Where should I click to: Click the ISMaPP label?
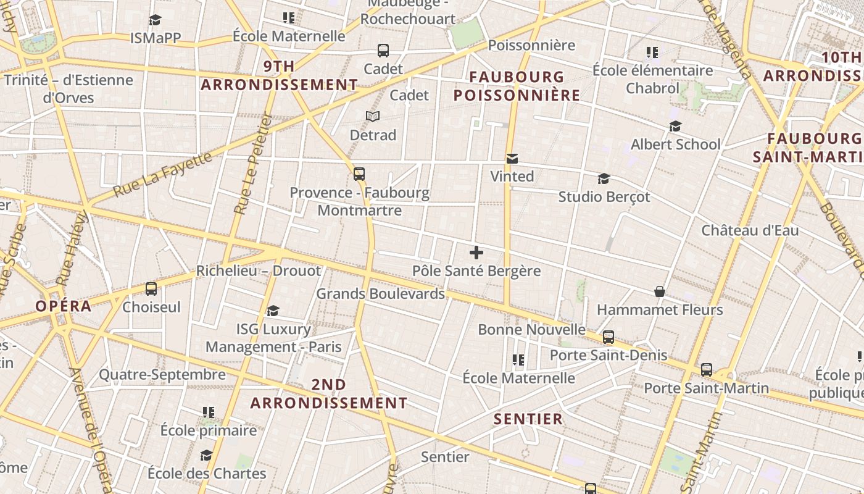point(156,38)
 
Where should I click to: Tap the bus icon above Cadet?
point(383,51)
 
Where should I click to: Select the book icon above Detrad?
point(373,116)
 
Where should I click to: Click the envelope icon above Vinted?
point(512,159)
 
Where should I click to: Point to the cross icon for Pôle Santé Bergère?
point(476,253)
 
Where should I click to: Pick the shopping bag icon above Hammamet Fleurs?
point(660,291)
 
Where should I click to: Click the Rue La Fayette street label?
point(164,175)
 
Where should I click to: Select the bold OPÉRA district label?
point(64,306)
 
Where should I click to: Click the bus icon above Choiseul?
point(151,289)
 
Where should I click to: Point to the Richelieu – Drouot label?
point(259,271)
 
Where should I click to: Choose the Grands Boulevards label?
point(380,294)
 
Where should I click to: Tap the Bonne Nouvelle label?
point(531,330)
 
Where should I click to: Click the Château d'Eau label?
point(750,231)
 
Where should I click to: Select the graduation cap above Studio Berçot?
point(604,179)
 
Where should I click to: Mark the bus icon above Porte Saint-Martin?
point(707,370)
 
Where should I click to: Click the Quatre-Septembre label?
point(162,374)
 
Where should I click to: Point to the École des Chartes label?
point(207,474)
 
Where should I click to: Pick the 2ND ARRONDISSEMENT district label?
point(329,394)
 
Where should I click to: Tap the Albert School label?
point(675,144)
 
